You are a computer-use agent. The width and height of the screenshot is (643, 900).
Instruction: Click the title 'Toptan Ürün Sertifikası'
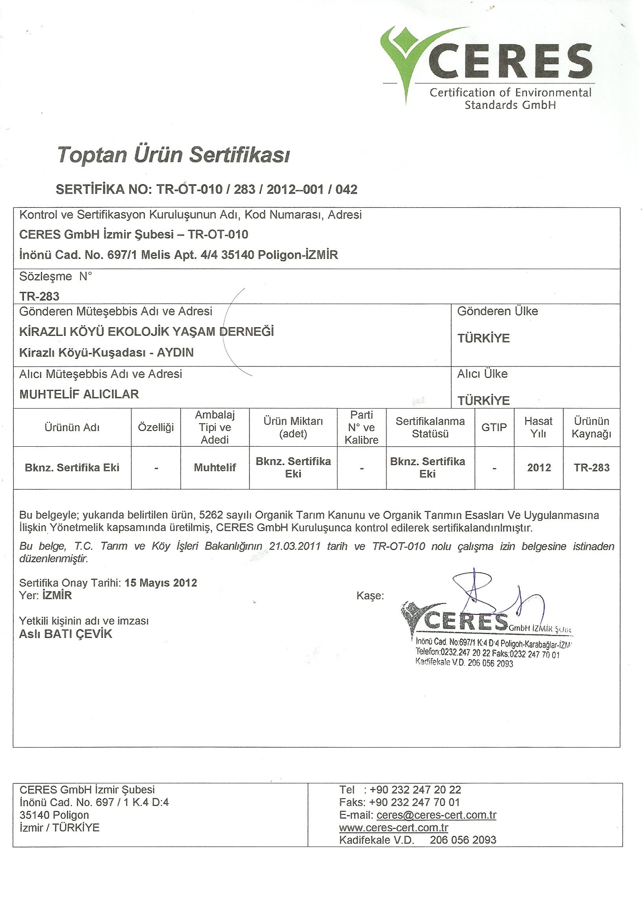[x=174, y=155]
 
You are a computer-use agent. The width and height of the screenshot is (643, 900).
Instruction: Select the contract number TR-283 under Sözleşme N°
[x=39, y=296]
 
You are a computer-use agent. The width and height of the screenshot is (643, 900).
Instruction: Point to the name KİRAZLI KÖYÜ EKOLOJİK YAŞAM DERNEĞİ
[x=147, y=332]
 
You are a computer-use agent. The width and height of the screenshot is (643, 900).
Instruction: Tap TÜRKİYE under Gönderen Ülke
[x=484, y=338]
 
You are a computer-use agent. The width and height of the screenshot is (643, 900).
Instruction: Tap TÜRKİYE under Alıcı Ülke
[x=484, y=401]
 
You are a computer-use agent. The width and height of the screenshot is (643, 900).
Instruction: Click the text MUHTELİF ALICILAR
[x=79, y=394]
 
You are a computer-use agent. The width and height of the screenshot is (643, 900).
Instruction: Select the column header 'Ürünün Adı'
[x=72, y=427]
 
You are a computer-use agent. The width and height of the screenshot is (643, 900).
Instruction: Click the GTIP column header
[x=494, y=427]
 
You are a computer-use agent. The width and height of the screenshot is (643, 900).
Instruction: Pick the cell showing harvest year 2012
[x=539, y=467]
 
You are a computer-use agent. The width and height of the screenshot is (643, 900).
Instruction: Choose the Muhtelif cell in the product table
[x=214, y=467]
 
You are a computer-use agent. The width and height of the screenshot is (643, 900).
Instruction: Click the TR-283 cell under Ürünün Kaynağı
[x=592, y=467]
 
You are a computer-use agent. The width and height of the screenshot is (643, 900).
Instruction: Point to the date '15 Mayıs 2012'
[x=161, y=583]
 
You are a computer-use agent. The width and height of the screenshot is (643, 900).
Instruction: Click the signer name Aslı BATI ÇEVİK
[x=66, y=634]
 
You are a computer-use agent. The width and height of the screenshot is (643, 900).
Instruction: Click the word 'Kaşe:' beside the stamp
[x=370, y=596]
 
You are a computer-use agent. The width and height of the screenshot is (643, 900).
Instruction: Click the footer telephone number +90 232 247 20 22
[x=415, y=790]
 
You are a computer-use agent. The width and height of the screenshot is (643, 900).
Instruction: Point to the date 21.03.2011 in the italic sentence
[x=295, y=546]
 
